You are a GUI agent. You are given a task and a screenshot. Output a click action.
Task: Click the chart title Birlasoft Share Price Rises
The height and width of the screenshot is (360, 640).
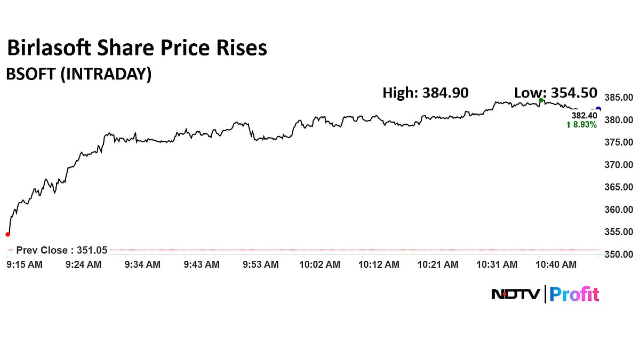pyautogui.click(x=137, y=49)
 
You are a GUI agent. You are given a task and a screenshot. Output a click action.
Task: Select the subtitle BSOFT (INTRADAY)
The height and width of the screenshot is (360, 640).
pyautogui.click(x=78, y=74)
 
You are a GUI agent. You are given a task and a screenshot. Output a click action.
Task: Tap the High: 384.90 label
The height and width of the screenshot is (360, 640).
pyautogui.click(x=426, y=93)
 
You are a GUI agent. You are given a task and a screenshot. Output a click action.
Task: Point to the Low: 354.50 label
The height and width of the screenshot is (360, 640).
pyautogui.click(x=556, y=93)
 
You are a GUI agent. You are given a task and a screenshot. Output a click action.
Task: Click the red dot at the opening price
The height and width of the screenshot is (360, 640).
pyautogui.click(x=7, y=234)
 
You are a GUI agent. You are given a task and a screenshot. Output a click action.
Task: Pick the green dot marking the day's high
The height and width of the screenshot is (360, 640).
pyautogui.click(x=541, y=100)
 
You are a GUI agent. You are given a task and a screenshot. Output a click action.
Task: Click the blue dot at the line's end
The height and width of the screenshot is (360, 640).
pyautogui.click(x=598, y=109)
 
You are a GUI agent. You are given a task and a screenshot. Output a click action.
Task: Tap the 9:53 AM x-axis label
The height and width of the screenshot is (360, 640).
pyautogui.click(x=260, y=265)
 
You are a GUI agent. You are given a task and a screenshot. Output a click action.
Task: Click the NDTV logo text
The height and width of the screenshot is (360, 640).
pyautogui.click(x=516, y=294)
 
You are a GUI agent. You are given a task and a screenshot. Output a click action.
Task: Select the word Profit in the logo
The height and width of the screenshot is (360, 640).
pyautogui.click(x=574, y=294)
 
